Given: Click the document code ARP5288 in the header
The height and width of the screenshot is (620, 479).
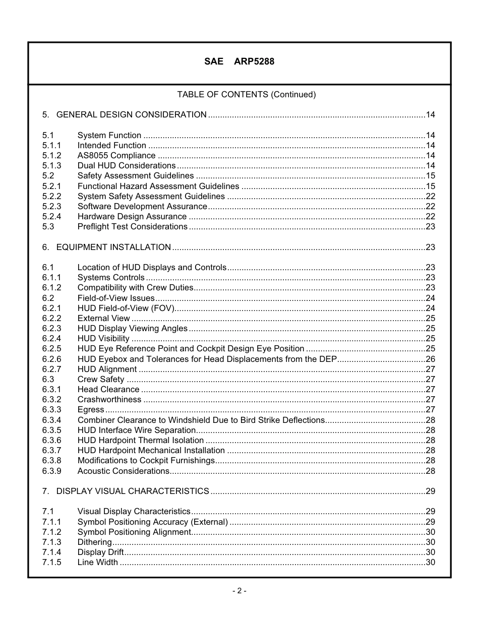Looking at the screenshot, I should point(254,61).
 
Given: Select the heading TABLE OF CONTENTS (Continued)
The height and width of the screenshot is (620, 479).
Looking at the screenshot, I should point(246,94).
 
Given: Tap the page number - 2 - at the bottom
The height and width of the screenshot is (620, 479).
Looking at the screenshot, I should point(239,591).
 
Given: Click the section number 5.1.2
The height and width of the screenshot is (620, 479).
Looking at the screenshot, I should point(51,155).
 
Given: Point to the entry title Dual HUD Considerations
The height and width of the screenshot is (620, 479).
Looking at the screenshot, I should point(127,165).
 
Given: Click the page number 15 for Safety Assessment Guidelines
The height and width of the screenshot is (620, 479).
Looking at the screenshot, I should point(430,175).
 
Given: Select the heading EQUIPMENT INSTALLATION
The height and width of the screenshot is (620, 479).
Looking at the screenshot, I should point(113,247).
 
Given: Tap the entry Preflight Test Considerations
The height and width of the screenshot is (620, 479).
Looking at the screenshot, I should point(133,226).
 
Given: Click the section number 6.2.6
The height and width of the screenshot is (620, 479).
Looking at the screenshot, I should point(51,359).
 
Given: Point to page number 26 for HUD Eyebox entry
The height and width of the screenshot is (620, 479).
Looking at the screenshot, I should point(430,359).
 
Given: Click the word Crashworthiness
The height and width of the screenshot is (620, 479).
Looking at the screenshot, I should point(109,399).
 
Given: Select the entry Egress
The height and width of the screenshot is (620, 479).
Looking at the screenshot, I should point(91,409).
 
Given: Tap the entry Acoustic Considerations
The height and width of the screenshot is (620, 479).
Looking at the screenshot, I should point(124,471).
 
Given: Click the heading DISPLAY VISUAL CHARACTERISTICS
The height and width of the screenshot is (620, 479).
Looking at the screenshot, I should point(133,491).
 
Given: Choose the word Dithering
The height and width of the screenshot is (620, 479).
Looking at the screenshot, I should point(95,542).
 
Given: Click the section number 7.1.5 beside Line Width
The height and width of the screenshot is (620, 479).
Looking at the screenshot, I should point(51,562).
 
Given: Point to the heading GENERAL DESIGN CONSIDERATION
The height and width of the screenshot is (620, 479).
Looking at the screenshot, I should point(132,114).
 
